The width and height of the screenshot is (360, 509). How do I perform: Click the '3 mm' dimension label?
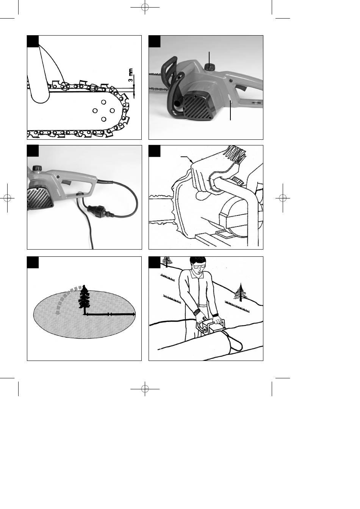coord(131,75)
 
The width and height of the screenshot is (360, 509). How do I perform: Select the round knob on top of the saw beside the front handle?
coord(209,67)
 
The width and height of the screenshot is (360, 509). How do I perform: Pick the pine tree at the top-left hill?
coord(167,262)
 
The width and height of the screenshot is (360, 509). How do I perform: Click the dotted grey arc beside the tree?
coord(66,296)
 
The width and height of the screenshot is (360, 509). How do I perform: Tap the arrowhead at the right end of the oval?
coord(134,314)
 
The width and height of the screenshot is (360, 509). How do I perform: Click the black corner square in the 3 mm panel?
coord(33,41)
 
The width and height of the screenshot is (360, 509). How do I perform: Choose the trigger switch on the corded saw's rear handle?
coord(66,182)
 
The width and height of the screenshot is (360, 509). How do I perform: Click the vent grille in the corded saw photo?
coord(37,199)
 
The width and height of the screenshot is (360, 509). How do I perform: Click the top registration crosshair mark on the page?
coord(145,7)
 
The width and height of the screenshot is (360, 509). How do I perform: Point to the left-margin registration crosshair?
coord(7,198)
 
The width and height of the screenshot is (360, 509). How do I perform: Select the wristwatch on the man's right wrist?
coord(197,311)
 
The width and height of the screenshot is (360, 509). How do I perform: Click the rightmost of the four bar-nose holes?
coord(112,111)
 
